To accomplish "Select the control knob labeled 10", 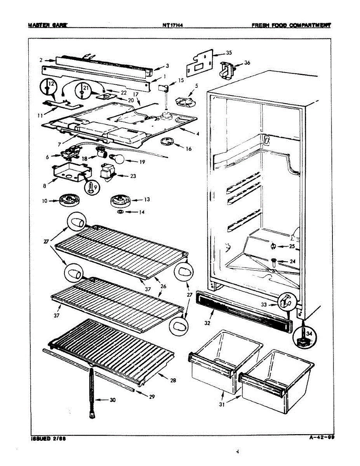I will pyautogui.click(x=70, y=200).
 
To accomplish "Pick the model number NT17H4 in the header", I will pyautogui.click(x=173, y=26).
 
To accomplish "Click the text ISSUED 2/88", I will pyautogui.click(x=45, y=439).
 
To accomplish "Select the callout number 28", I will pyautogui.click(x=173, y=381).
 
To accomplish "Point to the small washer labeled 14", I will pyautogui.click(x=120, y=212).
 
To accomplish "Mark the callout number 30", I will pyautogui.click(x=112, y=400).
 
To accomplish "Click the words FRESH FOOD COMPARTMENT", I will pyautogui.click(x=291, y=26).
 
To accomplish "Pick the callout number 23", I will pyautogui.click(x=133, y=176).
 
